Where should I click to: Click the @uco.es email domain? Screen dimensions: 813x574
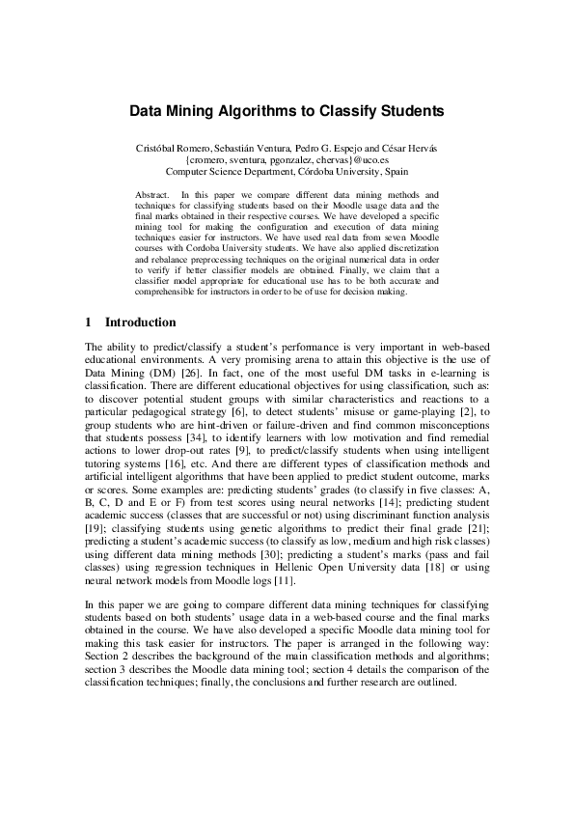click(370, 159)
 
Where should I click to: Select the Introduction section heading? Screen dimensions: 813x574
click(140, 322)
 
